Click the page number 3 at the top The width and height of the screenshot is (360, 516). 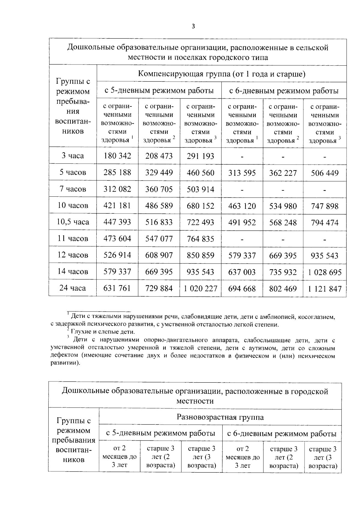click(193, 26)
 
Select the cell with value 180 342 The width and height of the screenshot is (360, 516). click(117, 156)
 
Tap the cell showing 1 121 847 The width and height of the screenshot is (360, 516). click(325, 289)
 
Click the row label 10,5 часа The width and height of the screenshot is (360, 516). click(73, 222)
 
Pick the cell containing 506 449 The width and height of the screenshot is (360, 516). click(325, 173)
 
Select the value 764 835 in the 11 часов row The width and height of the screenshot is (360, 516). click(200, 239)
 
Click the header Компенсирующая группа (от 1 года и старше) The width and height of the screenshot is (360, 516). click(221, 74)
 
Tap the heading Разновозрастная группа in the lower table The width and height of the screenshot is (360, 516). click(220, 417)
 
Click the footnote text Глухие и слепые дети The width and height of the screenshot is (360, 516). click(103, 332)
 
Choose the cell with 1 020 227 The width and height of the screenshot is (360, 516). click(200, 288)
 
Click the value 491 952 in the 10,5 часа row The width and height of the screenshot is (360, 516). click(242, 222)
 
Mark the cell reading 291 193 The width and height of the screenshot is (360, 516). click(200, 156)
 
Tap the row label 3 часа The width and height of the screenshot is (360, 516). click(73, 156)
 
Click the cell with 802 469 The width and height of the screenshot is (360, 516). click(283, 289)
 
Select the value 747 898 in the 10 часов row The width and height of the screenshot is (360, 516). click(325, 206)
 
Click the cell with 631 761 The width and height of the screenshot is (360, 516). click(117, 288)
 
